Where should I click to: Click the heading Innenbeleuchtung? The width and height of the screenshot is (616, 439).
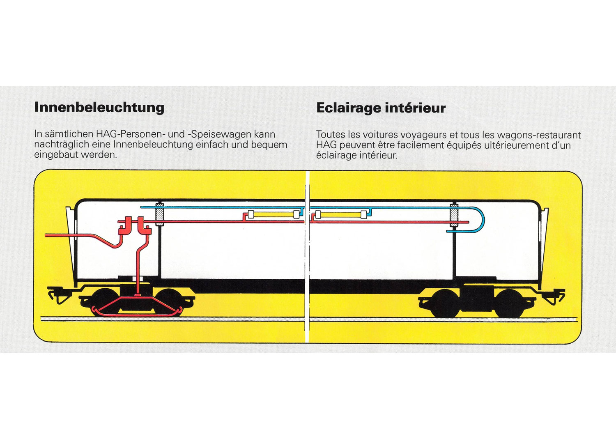pyautogui.click(x=99, y=107)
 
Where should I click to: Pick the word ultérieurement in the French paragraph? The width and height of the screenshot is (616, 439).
pyautogui.click(x=485, y=145)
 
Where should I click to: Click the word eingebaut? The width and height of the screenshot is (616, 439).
pyautogui.click(x=56, y=155)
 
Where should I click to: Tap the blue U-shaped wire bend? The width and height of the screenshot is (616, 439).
pyautogui.click(x=479, y=219)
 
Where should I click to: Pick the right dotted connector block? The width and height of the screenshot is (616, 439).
pyautogui.click(x=454, y=215)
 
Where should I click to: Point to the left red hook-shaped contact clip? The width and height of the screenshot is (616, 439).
pyautogui.click(x=125, y=226)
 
